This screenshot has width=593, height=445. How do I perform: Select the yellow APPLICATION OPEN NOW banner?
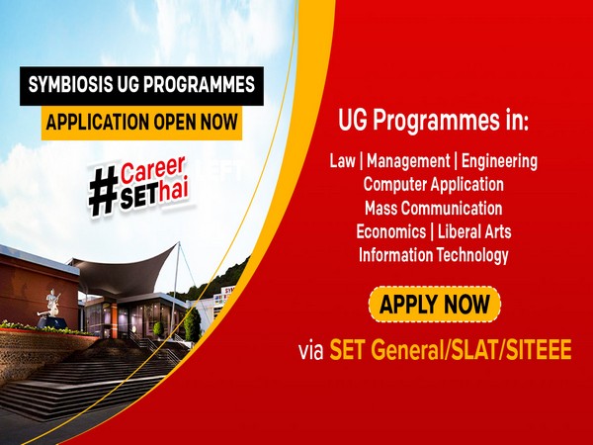coord(139,123)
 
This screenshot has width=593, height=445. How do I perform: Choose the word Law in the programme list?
coord(343,160)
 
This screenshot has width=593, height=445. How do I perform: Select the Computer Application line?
coord(433,184)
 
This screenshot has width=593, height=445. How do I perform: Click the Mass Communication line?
coord(433,208)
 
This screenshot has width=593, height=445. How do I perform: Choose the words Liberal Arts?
coord(474,231)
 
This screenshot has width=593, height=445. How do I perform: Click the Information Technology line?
coord(433,255)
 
